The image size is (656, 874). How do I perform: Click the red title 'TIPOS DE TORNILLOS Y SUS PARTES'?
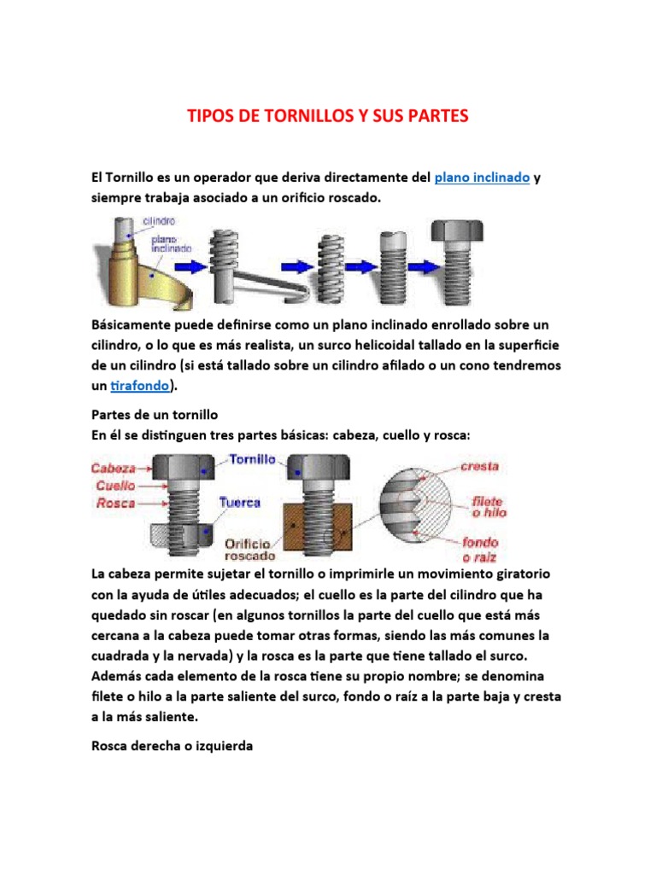click(x=328, y=116)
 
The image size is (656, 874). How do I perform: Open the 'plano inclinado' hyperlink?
click(x=483, y=178)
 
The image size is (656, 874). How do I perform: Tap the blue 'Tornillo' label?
click(x=252, y=458)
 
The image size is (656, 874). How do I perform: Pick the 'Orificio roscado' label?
click(x=249, y=549)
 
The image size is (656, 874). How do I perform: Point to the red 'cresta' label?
click(x=479, y=467)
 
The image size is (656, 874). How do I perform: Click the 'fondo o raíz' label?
click(x=480, y=548)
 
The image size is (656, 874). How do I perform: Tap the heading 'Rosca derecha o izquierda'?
click(x=173, y=746)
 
